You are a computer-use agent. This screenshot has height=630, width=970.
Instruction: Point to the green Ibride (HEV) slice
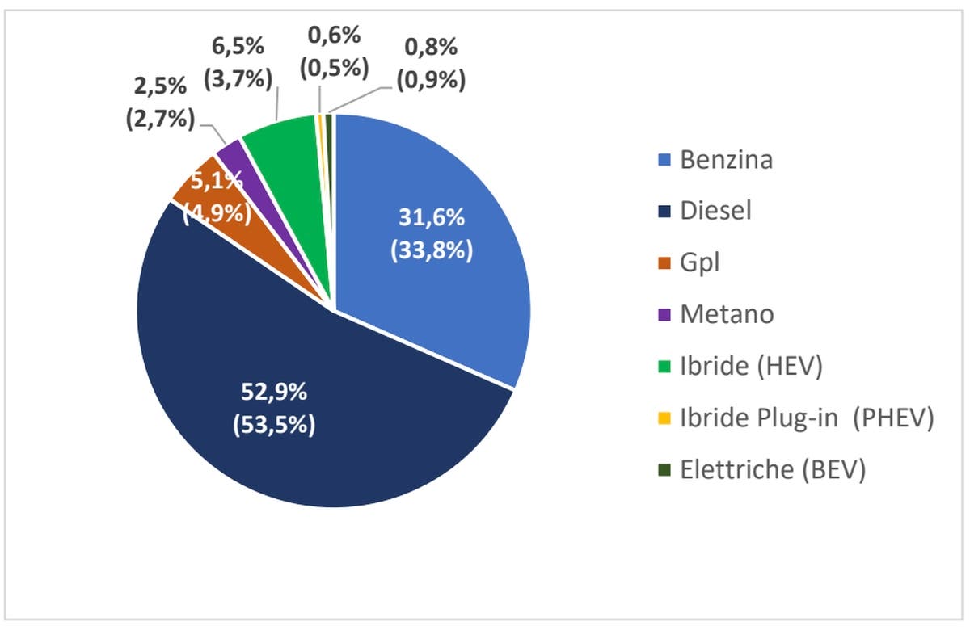click(x=279, y=133)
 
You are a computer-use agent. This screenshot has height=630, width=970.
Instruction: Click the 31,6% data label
click(x=432, y=218)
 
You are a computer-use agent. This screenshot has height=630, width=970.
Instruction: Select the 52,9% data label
click(x=275, y=392)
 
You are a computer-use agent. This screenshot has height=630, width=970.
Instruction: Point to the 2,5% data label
click(x=160, y=86)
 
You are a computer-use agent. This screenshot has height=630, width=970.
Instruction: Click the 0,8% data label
click(x=430, y=48)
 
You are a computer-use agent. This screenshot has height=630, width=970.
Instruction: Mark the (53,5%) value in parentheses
click(x=275, y=424)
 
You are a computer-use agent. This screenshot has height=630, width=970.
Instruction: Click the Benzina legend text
click(x=726, y=159)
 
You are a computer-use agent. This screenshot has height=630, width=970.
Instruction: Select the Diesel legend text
click(x=715, y=211)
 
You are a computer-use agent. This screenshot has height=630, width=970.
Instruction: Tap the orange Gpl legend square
click(x=666, y=263)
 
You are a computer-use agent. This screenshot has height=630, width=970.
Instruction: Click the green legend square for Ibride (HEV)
click(x=666, y=367)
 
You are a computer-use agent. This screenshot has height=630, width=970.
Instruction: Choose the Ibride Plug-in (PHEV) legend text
click(x=807, y=418)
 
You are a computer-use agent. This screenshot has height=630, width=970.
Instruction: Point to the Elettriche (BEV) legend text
click(x=773, y=470)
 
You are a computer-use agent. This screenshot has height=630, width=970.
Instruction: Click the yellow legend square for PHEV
click(x=666, y=418)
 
